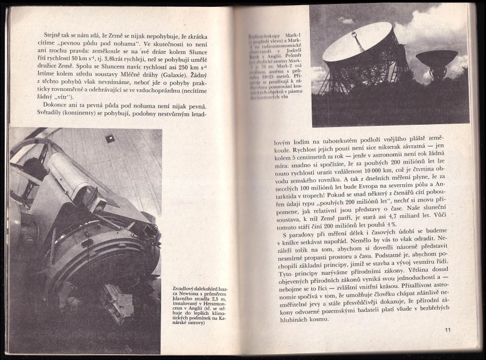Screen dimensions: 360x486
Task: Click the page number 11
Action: [x=447, y=330]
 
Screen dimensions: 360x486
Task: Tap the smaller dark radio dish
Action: [x=436, y=58]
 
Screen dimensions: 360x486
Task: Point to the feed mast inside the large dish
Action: [x=358, y=43]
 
